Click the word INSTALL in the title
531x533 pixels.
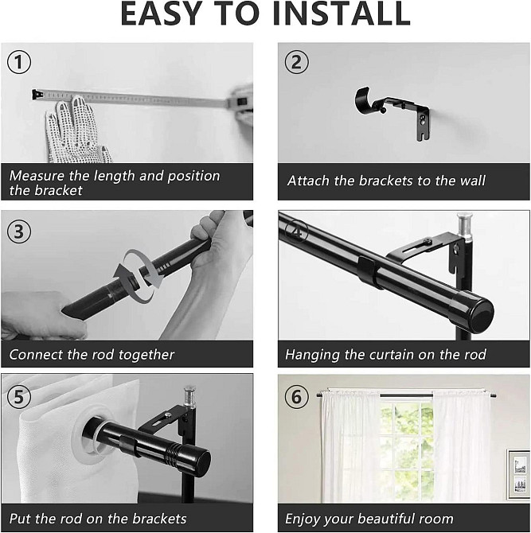(342, 14)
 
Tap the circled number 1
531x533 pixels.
(19, 62)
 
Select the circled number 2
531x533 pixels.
(296, 62)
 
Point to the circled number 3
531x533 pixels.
(19, 231)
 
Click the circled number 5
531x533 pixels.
(19, 397)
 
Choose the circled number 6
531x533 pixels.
(296, 397)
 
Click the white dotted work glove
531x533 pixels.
(76, 131)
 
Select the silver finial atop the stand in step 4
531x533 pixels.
(465, 227)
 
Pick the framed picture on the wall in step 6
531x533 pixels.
(519, 474)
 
